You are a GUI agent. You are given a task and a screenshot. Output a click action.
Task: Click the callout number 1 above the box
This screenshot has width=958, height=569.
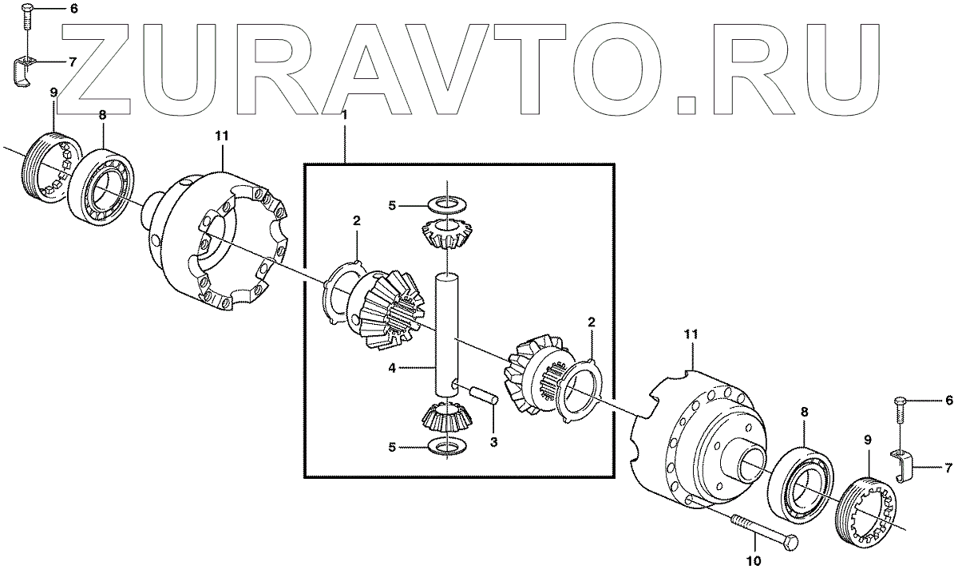click(345, 116)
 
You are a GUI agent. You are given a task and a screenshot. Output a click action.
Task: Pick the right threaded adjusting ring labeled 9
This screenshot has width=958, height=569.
click(869, 512)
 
